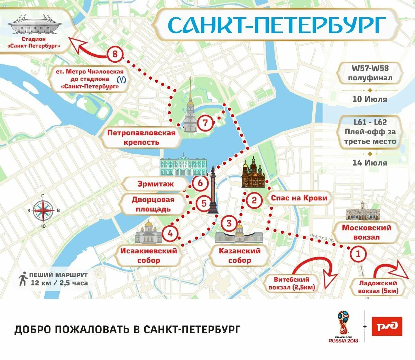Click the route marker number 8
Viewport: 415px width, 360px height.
click(x=115, y=54)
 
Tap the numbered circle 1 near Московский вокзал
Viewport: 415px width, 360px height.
click(x=358, y=254)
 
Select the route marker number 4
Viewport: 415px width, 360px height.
click(x=170, y=233)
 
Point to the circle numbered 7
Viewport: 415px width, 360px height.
click(x=205, y=123)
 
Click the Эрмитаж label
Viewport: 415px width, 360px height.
click(x=156, y=184)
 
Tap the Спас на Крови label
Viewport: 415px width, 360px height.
click(x=299, y=198)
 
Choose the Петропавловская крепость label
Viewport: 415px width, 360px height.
click(x=141, y=137)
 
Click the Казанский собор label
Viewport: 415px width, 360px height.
click(x=239, y=255)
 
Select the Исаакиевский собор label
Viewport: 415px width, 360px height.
click(x=149, y=255)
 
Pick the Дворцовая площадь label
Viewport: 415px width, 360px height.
click(x=153, y=204)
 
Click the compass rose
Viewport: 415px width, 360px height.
click(x=43, y=210)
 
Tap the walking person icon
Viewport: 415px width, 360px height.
click(x=23, y=279)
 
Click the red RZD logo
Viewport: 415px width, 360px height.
click(x=387, y=326)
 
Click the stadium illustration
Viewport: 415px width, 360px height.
click(x=35, y=25)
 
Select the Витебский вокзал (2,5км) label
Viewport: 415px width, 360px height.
click(x=292, y=283)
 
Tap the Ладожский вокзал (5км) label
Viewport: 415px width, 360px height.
click(x=378, y=287)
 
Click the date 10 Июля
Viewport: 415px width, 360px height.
click(x=369, y=99)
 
